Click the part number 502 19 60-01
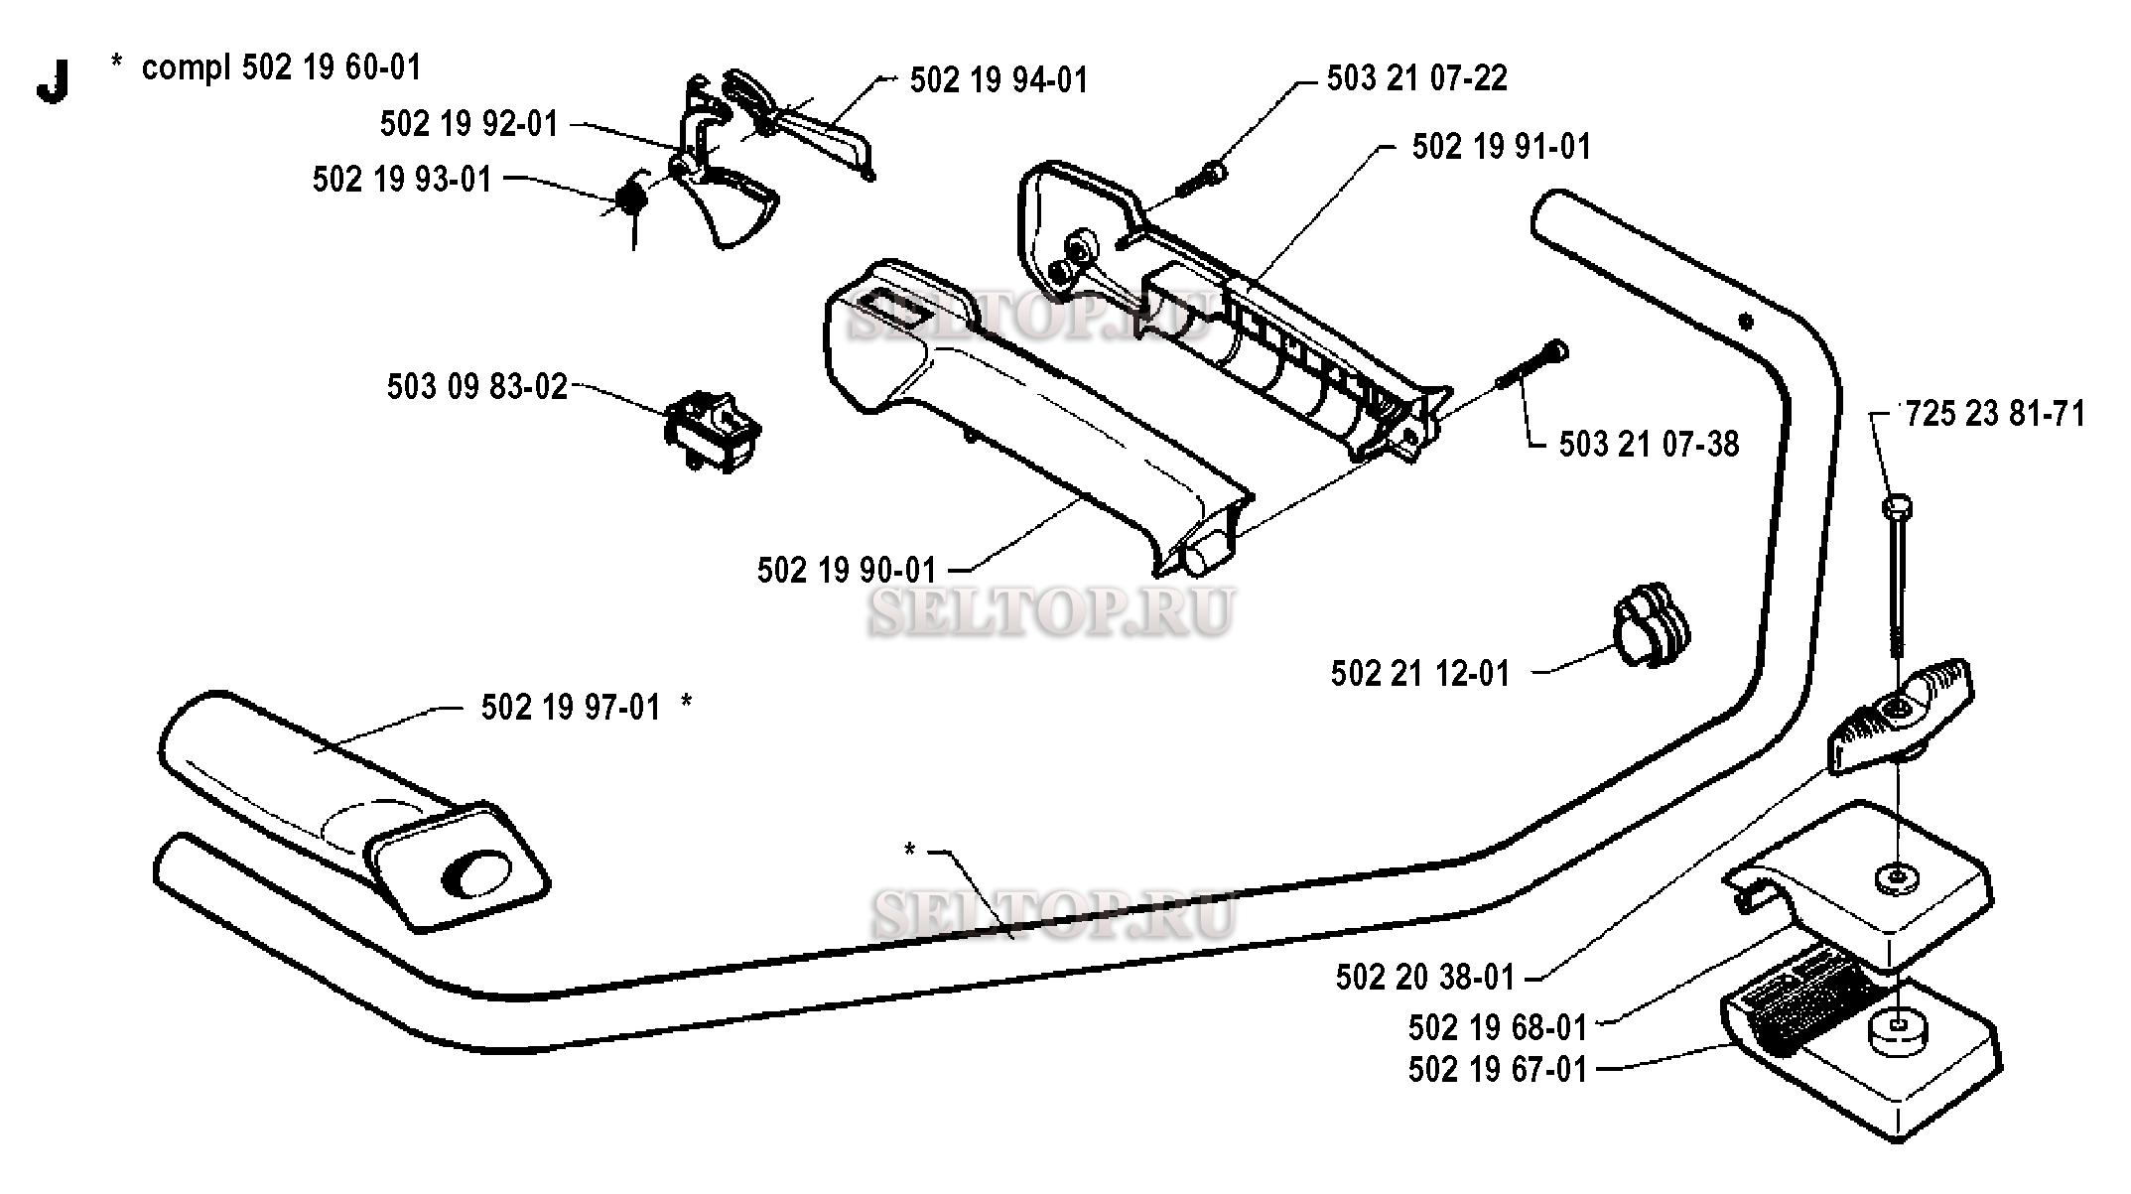333,67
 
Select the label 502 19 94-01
999,79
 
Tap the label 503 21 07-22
1417,77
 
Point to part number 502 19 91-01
1502,147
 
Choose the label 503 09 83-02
477,386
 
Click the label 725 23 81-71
1995,413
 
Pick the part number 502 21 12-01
1420,674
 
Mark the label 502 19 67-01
1498,1070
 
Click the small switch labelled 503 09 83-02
712,431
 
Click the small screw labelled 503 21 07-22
1201,181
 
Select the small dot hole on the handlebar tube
1745,321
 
